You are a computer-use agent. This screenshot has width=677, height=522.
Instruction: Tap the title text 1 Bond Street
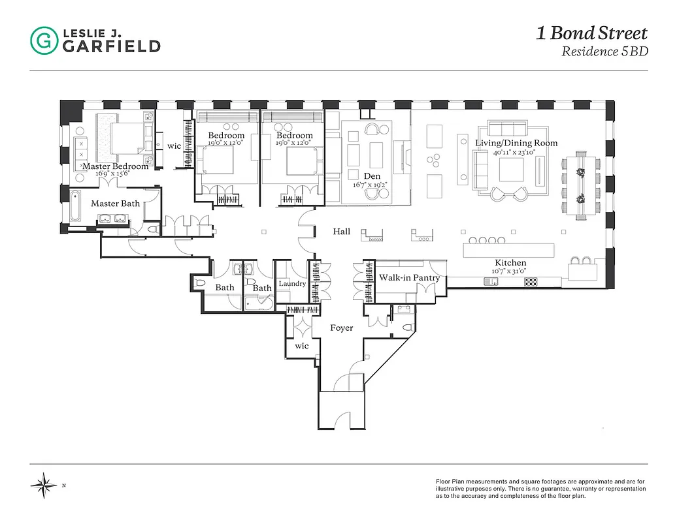[x=591, y=33]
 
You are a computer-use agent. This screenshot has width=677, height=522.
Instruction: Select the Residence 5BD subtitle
[x=604, y=52]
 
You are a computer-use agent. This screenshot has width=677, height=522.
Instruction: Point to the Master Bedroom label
[x=115, y=166]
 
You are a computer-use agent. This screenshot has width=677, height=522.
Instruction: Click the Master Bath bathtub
[x=76, y=208]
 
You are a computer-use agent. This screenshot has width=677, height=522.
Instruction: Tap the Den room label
[x=372, y=176]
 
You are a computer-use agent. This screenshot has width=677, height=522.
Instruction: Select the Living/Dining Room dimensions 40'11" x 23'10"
[x=516, y=152]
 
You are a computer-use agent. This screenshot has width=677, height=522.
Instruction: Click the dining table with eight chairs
[x=579, y=185]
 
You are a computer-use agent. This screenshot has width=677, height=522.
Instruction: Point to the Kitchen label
[x=510, y=263]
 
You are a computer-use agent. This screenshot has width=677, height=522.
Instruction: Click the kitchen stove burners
[x=531, y=282]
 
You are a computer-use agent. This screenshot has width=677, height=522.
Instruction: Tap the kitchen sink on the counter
[x=491, y=282]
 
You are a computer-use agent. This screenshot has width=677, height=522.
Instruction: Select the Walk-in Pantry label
[x=409, y=278]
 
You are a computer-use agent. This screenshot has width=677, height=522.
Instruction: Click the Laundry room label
[x=292, y=284]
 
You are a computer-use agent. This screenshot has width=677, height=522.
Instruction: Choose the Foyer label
[x=341, y=328]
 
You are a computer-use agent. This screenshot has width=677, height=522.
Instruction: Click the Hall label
[x=341, y=232]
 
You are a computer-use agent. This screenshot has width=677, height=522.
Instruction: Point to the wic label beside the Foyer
[x=301, y=346]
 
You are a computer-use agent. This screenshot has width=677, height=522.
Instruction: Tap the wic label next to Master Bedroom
[x=174, y=146]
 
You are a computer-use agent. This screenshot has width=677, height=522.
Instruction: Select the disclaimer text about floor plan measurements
[x=540, y=489]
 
